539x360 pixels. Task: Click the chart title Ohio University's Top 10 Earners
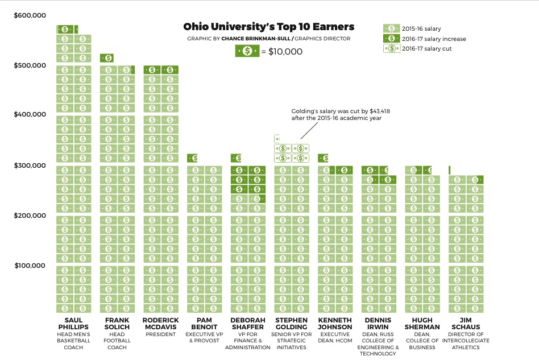pyautogui.click(x=268, y=27)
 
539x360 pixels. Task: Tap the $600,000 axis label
pyautogui.click(x=30, y=15)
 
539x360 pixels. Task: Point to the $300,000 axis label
pyautogui.click(x=30, y=165)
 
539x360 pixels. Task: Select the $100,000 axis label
pyautogui.click(x=30, y=266)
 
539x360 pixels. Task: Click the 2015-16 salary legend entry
pyautogui.click(x=421, y=28)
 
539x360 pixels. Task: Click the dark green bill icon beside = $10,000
pyautogui.click(x=248, y=51)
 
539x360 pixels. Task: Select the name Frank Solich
pyautogui.click(x=117, y=324)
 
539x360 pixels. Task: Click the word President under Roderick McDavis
pyautogui.click(x=161, y=335)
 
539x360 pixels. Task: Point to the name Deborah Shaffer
pyautogui.click(x=247, y=324)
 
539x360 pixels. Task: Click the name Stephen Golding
pyautogui.click(x=292, y=324)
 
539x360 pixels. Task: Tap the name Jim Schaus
pyautogui.click(x=466, y=324)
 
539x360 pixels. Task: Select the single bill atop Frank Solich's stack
pyautogui.click(x=107, y=57)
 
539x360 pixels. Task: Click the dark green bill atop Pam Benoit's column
pyautogui.click(x=192, y=158)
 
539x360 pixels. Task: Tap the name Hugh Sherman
pyautogui.click(x=422, y=324)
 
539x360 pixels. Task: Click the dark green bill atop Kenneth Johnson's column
pyautogui.click(x=323, y=158)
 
